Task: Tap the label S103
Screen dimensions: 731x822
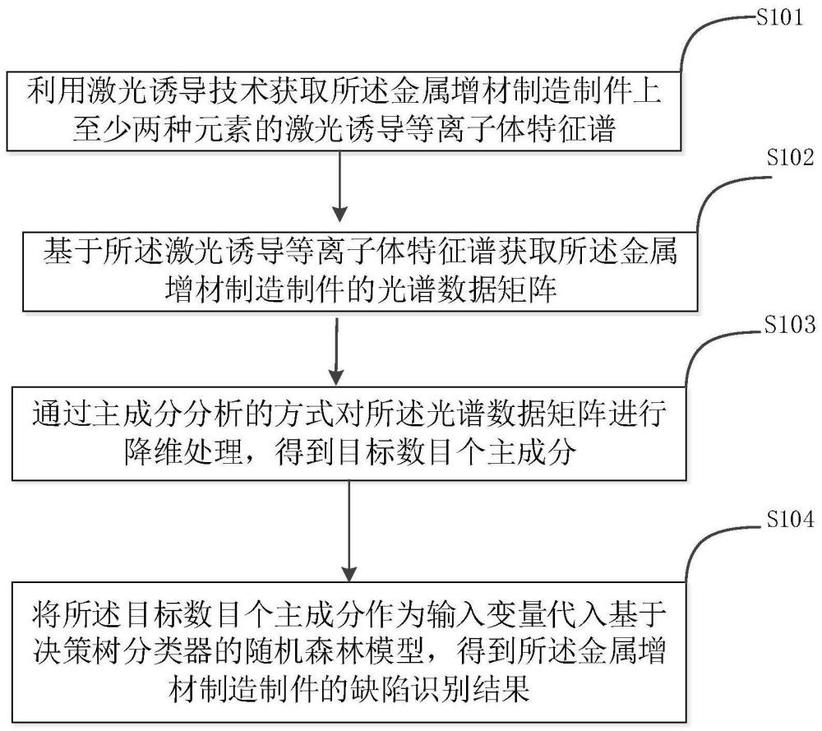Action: click(786, 322)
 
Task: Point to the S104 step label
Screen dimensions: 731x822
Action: click(786, 520)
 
